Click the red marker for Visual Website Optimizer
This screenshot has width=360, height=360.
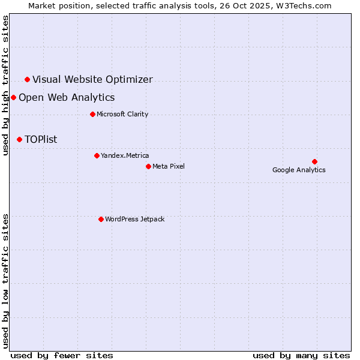click(27, 79)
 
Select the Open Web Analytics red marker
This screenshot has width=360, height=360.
click(13, 97)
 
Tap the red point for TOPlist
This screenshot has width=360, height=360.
click(19, 139)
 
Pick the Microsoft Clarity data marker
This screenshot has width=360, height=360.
click(92, 114)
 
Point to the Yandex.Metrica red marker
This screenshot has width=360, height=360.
click(97, 155)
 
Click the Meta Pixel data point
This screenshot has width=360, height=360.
click(148, 166)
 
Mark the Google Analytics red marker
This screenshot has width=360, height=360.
click(314, 161)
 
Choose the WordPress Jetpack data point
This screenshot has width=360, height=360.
click(101, 219)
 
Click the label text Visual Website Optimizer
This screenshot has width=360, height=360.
click(92, 79)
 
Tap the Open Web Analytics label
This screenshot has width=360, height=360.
click(67, 97)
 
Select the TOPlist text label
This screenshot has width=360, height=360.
click(41, 139)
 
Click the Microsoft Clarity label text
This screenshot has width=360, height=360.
click(122, 114)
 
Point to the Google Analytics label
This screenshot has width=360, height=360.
click(299, 170)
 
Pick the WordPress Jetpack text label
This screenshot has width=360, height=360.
click(134, 219)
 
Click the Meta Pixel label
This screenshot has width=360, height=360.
click(169, 166)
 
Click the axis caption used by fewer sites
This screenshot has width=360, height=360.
click(62, 355)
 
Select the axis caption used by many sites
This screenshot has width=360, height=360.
click(301, 355)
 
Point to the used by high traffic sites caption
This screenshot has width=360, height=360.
click(5, 85)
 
